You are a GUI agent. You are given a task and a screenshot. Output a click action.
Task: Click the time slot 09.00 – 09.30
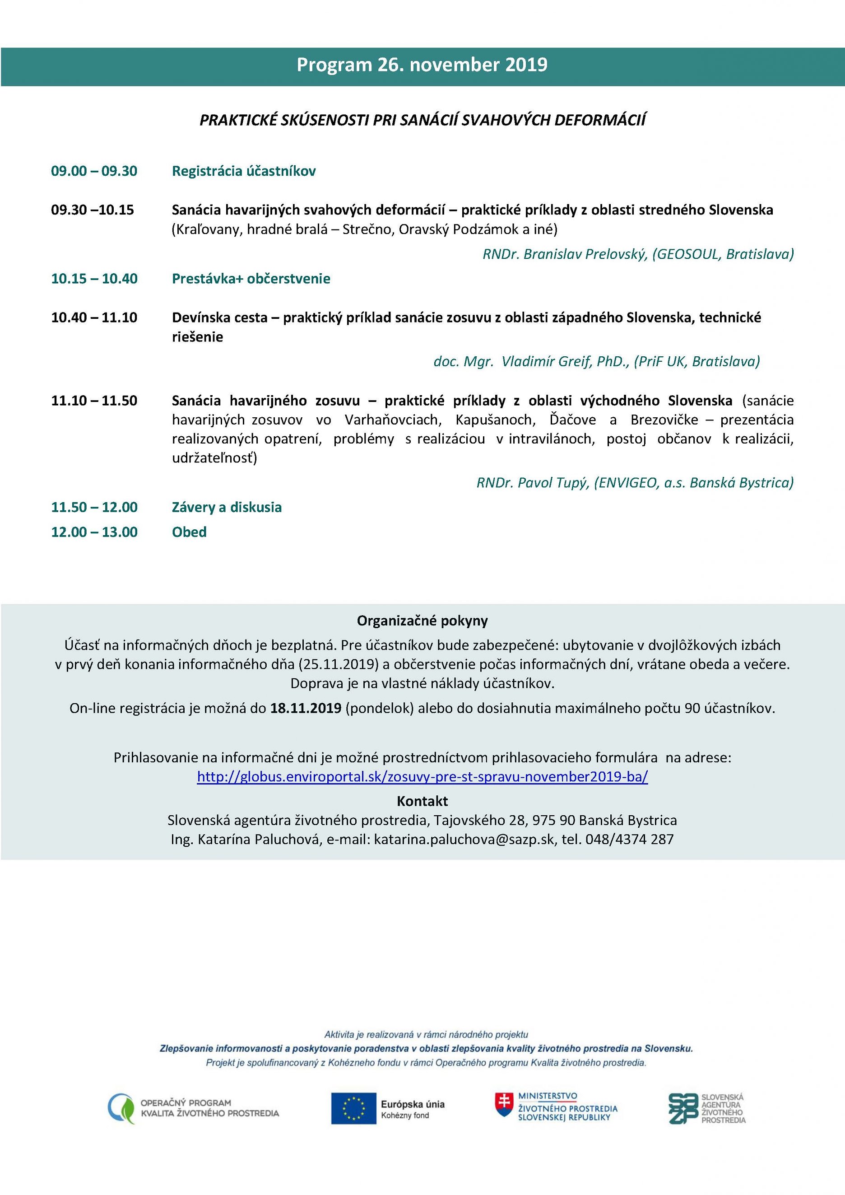point(94,171)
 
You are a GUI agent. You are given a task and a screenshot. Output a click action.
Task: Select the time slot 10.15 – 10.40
point(94,279)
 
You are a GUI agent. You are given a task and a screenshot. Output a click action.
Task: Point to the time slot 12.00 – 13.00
point(94,532)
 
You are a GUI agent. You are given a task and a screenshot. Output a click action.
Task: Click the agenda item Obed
point(190,532)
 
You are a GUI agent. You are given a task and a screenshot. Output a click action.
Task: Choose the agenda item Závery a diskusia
point(227,508)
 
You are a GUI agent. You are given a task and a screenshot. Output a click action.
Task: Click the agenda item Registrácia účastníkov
point(243,171)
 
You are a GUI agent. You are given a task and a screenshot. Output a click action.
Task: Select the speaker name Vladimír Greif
point(546,361)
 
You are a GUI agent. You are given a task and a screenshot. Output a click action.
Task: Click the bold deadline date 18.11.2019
point(306,708)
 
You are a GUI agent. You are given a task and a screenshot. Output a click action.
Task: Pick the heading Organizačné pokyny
point(422,621)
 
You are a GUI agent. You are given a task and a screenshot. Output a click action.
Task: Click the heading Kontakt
point(422,801)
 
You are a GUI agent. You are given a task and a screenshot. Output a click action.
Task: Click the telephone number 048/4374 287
point(629,839)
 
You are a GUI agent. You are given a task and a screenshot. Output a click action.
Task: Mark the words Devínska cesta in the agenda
point(219,317)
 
